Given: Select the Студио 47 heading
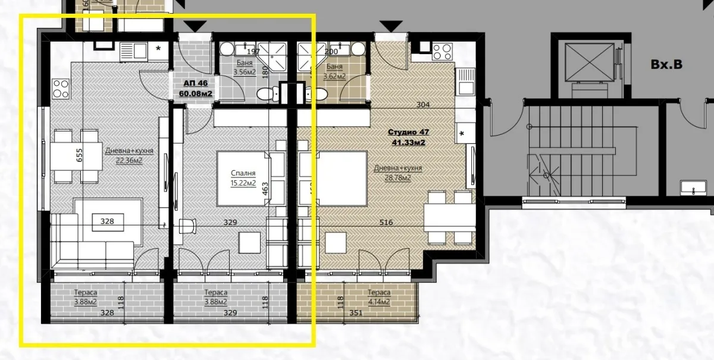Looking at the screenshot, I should (x=408, y=133).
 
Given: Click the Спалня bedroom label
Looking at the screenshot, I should (x=243, y=174).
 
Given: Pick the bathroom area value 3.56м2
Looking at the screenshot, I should (x=245, y=73).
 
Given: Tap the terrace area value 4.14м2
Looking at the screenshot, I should (x=378, y=302).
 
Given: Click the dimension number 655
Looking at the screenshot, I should (x=79, y=155).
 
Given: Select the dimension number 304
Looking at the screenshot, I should (x=424, y=105).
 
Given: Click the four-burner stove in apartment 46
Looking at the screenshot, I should (x=61, y=89).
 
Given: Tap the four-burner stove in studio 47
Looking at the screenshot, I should (x=443, y=52).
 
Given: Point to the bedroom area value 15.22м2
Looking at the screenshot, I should (x=243, y=183).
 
